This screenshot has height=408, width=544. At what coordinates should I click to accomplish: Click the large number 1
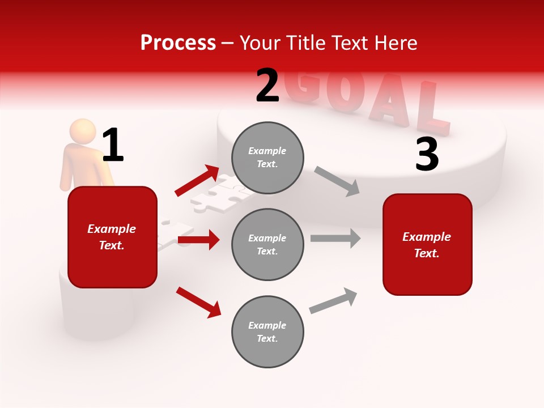point(113,145)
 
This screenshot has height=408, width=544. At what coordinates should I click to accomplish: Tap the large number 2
point(267,86)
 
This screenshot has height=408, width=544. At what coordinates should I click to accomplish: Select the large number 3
point(427,155)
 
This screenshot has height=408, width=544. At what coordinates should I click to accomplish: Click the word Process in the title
point(178,42)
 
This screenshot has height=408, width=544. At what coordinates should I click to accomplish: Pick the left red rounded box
point(112,237)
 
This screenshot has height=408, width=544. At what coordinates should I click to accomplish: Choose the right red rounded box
point(427,244)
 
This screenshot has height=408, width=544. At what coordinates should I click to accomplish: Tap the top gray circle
point(267,158)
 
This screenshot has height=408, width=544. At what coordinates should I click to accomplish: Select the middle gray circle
point(267,244)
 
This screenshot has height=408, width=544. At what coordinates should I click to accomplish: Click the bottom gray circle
point(267,331)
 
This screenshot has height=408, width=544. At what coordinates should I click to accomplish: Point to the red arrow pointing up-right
point(197,181)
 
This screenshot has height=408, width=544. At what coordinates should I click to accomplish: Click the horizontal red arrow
point(198,240)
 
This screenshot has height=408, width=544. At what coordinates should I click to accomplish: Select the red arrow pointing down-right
point(198,302)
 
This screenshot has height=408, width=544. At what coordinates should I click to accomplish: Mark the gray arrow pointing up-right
point(334,300)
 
